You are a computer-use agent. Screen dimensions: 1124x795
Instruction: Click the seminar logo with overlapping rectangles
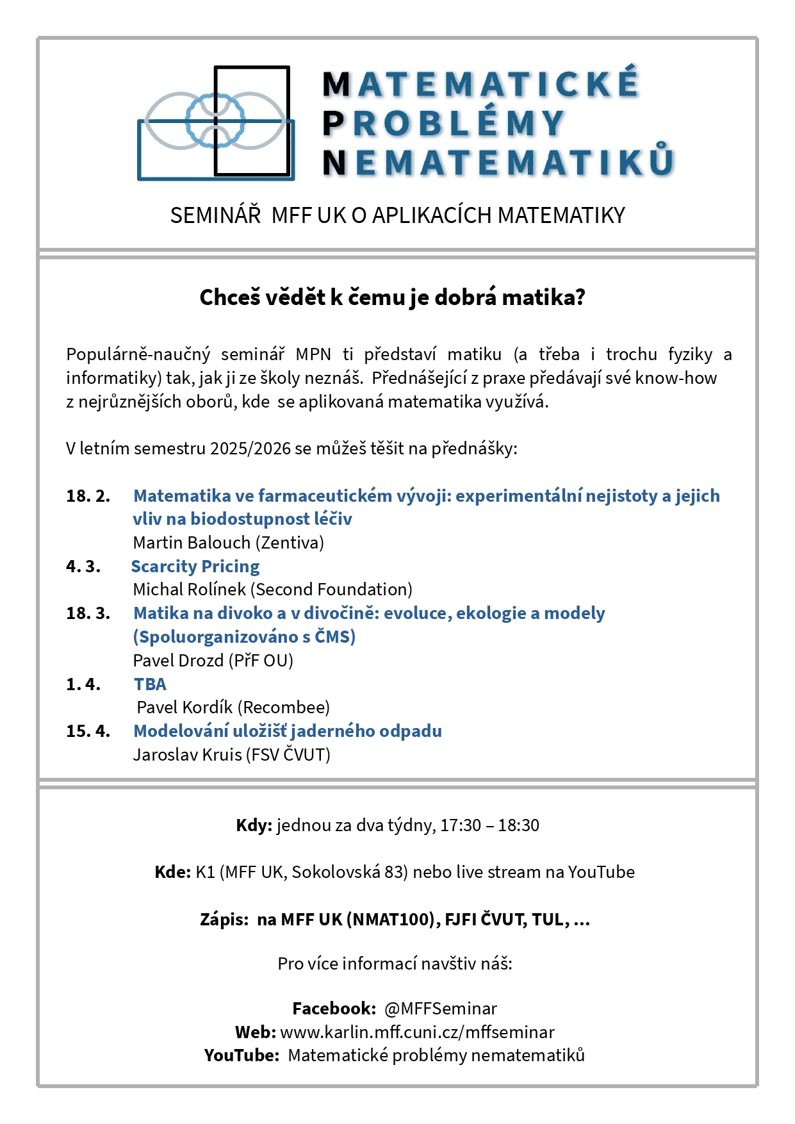[x=216, y=122]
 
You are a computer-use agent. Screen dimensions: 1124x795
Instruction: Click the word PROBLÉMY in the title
[x=443, y=124]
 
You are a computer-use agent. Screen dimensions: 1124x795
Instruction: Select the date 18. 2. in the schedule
[x=88, y=496]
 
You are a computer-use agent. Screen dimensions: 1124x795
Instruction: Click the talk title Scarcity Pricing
[x=195, y=566]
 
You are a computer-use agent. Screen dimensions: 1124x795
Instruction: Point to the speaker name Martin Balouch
[x=192, y=543]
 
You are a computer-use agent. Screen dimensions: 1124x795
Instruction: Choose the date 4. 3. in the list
[x=83, y=566]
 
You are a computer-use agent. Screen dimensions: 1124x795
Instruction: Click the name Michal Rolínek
[x=189, y=590]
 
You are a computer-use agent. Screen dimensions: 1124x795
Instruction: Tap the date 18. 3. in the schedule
[x=88, y=613]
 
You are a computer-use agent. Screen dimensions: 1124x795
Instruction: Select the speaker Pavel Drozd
[x=178, y=661]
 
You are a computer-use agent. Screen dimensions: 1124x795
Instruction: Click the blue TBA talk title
[x=150, y=684]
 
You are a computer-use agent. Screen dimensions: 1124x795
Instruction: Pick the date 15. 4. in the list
[x=88, y=731]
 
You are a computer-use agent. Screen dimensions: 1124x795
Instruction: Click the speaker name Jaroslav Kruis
[x=187, y=755]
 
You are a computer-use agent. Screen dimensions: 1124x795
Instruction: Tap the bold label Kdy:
[x=254, y=825]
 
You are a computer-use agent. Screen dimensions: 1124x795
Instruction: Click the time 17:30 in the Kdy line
[x=460, y=825]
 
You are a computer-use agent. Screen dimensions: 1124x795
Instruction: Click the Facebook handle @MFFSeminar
[x=440, y=1009]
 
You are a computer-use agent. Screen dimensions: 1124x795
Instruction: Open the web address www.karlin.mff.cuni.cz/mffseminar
[x=417, y=1032]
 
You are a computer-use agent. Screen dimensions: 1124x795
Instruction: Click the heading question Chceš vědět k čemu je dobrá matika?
[x=392, y=297]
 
